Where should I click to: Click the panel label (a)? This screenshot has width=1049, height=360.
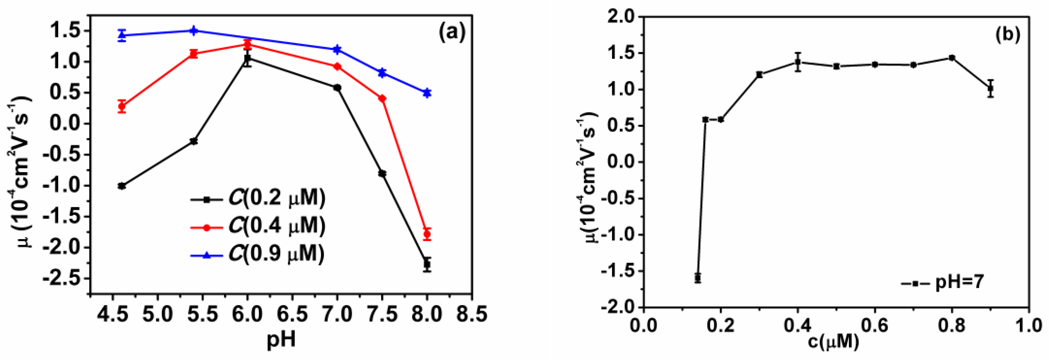coord(451,33)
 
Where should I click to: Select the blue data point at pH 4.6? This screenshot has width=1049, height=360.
coord(122,35)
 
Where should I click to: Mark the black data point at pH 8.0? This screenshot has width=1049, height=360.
coord(427,264)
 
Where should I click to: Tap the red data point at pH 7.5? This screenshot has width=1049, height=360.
coord(382,99)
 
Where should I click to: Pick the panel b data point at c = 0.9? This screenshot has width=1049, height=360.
coord(991,88)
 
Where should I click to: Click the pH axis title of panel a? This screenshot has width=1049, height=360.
coord(281,340)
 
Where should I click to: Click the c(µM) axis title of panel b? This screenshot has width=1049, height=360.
coord(833,341)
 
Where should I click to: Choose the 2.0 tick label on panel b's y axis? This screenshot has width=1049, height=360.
coord(620,17)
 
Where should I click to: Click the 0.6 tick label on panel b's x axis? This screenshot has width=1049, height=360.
coord(875,325)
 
